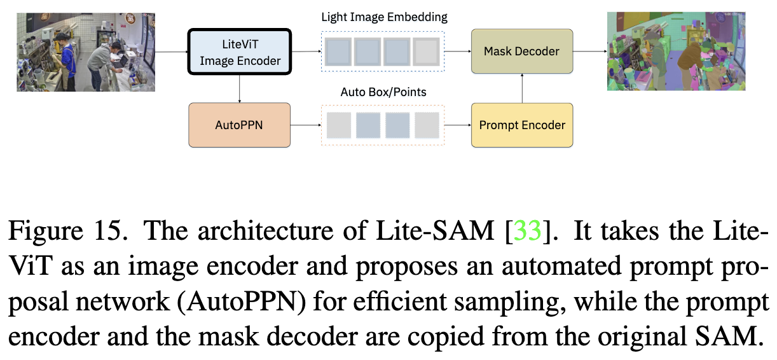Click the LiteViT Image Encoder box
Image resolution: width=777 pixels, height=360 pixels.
point(240,52)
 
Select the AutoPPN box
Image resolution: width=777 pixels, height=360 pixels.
point(239,125)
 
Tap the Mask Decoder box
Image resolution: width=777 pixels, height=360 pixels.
point(521,51)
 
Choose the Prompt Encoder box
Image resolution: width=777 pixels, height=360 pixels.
point(521,125)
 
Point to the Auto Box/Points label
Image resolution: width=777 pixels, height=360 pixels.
point(383,92)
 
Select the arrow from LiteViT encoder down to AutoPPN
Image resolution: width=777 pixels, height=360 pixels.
point(240,88)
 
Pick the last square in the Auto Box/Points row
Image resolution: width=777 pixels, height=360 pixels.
point(427,125)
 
